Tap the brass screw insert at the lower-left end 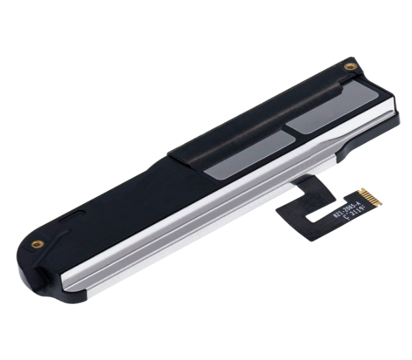(38, 244)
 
